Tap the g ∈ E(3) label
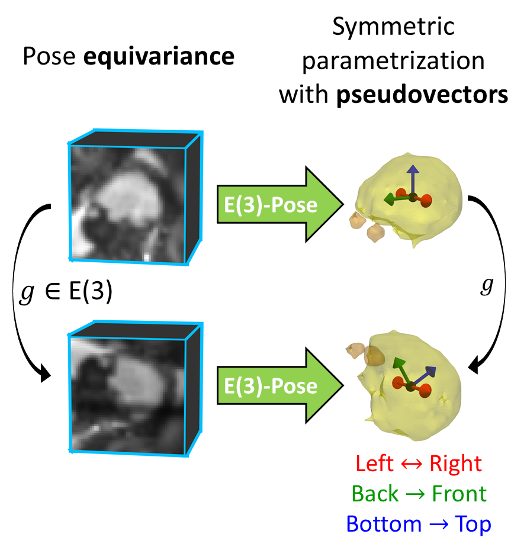[x=65, y=294]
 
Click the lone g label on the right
[x=486, y=286]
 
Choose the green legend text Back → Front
[x=418, y=494]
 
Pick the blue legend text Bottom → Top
[x=418, y=524]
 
